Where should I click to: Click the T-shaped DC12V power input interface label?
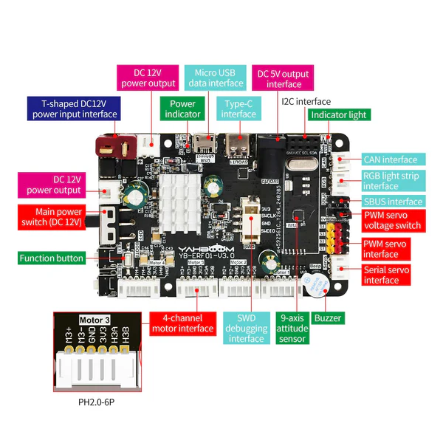(73, 108)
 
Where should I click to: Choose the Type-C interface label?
(238, 109)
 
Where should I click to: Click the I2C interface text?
(306, 101)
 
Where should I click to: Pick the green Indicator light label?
(339, 115)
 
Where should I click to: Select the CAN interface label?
(390, 159)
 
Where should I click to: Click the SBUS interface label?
(394, 202)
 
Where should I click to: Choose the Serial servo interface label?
(391, 275)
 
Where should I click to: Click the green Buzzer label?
(328, 318)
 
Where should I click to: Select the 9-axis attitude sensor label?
(292, 328)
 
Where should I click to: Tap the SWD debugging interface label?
(247, 328)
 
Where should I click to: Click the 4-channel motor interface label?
(182, 323)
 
